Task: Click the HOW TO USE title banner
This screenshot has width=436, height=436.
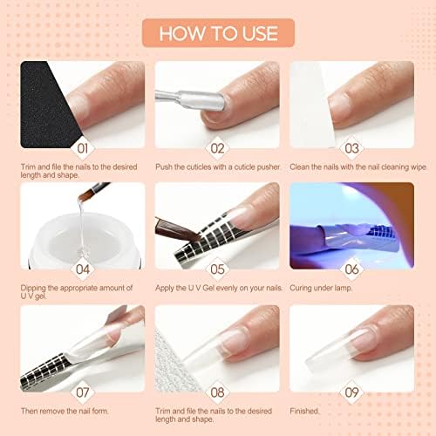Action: tap(218, 33)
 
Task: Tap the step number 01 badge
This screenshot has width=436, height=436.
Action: tap(83, 148)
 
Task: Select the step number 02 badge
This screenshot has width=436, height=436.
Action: tap(217, 148)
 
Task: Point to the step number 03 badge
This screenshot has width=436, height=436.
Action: tap(351, 148)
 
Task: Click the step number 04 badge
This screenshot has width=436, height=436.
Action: tap(83, 269)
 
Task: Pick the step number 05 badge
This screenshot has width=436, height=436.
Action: tap(217, 269)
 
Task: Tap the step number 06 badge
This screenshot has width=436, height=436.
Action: tap(351, 269)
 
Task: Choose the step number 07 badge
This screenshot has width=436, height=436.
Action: tap(83, 392)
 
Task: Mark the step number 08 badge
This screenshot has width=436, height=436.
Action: tap(217, 392)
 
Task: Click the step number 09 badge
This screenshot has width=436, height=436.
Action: tap(351, 392)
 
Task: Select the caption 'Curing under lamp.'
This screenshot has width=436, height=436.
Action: tap(321, 288)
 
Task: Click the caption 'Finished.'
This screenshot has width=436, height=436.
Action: tap(304, 411)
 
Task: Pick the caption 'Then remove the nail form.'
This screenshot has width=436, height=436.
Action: tap(65, 411)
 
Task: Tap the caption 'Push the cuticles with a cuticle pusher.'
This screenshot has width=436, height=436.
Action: tap(218, 167)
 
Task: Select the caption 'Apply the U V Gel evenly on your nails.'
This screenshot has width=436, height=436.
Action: tap(219, 288)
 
